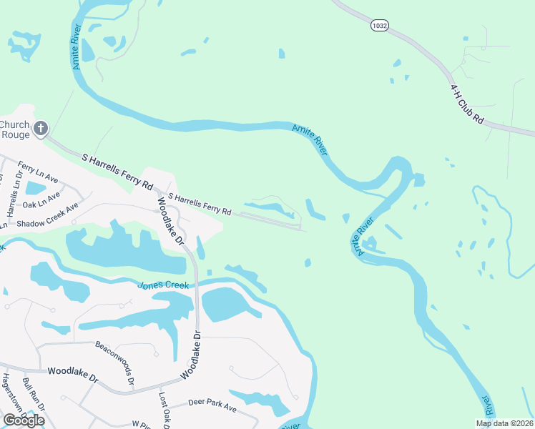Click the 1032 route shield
click(379, 26)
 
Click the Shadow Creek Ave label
click(47, 215)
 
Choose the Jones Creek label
click(163, 285)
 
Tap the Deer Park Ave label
click(212, 405)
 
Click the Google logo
click(24, 420)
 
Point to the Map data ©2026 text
click(504, 423)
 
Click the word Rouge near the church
click(15, 134)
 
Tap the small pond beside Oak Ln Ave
click(35, 189)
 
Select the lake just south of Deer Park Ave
click(261, 403)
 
